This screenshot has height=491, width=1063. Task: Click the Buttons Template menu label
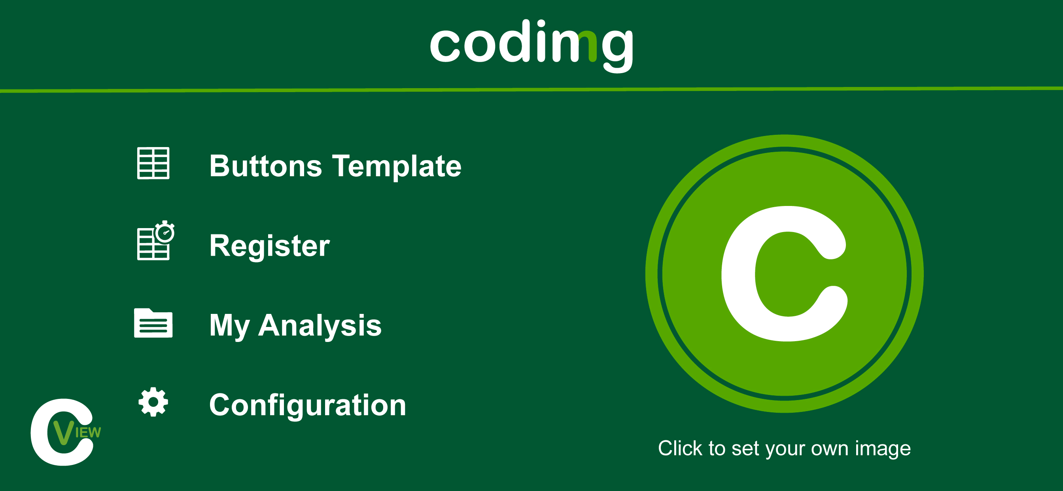tap(335, 166)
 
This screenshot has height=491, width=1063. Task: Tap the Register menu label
tap(269, 246)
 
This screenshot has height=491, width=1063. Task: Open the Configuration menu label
tap(308, 405)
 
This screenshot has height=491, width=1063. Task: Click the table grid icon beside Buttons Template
tap(153, 163)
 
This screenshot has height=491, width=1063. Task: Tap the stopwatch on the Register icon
tap(165, 232)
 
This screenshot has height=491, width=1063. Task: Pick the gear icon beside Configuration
tap(153, 402)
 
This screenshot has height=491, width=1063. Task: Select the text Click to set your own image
tap(784, 448)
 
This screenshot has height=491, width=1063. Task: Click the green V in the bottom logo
tap(64, 432)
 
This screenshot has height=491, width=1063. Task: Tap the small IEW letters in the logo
tap(88, 432)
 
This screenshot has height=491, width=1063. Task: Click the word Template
tap(397, 166)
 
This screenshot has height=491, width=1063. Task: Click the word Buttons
tap(265, 166)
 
